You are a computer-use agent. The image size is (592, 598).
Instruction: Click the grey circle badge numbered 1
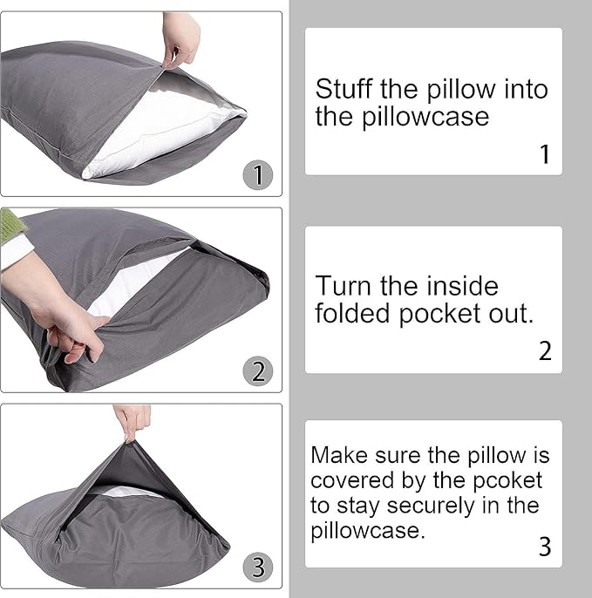tap(257, 175)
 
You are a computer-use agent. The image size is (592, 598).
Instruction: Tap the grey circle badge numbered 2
tap(258, 371)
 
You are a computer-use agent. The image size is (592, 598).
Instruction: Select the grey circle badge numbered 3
tap(258, 567)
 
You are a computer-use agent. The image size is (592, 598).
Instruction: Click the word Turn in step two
tap(342, 286)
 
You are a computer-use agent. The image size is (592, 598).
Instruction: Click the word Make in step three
tap(337, 455)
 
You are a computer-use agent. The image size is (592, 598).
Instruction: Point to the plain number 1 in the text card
tap(545, 154)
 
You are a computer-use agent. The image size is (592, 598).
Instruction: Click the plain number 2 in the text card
tap(545, 351)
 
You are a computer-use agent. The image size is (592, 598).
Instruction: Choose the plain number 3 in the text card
tap(545, 547)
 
